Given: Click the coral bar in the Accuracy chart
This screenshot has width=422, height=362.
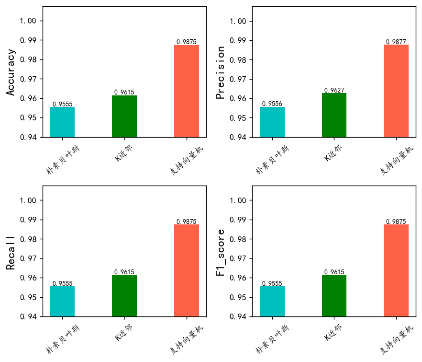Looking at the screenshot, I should (x=186, y=91).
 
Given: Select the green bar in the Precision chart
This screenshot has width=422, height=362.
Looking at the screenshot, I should (x=334, y=115).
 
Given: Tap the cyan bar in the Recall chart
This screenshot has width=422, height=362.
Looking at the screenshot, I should (x=62, y=301).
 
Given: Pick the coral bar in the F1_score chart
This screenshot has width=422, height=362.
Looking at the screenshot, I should (x=396, y=270).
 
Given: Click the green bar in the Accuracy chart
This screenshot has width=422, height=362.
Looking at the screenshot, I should (x=124, y=116).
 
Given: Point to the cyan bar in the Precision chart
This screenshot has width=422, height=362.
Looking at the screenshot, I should (x=272, y=122).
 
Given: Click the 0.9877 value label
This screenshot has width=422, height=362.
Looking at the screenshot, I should (x=396, y=42).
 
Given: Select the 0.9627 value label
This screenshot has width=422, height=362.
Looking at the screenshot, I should (x=334, y=90).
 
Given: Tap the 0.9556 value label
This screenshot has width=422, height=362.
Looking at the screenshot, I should (x=272, y=104).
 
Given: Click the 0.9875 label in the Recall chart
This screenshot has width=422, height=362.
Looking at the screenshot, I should (x=186, y=222).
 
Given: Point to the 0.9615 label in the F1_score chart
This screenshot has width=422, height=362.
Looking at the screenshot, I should (x=334, y=272).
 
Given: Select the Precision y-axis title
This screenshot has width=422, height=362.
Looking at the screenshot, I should (x=221, y=72).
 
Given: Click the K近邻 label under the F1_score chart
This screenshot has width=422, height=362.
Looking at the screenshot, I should (x=333, y=333).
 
